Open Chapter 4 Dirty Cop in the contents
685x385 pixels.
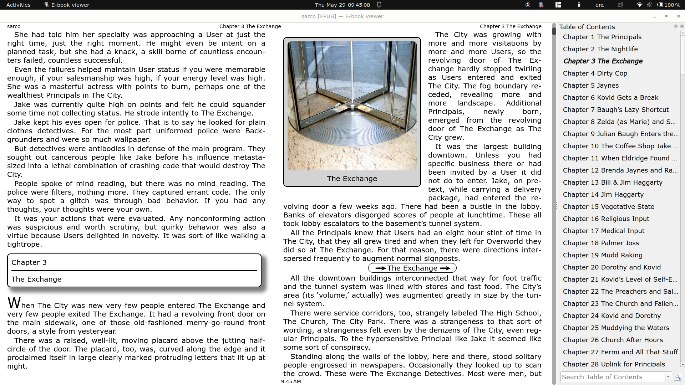tap(595, 73)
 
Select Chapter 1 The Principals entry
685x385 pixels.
tap(602, 37)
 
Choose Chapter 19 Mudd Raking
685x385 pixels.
tap(602, 255)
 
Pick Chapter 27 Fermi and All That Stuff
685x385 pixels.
tap(620, 352)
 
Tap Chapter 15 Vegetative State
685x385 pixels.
tap(608, 207)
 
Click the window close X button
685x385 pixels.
tap(678, 16)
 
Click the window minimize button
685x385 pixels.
tap(654, 16)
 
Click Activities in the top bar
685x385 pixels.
tap(19, 5)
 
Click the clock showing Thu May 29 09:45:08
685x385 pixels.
tap(342, 5)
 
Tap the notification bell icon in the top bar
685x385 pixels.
tap(379, 5)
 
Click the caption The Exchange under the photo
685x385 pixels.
tap(352, 179)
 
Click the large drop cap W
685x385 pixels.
tap(14, 303)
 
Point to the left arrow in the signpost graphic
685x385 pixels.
tap(380, 268)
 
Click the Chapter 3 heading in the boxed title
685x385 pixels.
tap(29, 263)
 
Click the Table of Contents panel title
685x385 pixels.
tap(587, 27)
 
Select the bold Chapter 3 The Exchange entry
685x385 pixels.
tap(603, 61)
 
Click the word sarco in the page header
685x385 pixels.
tap(14, 26)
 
